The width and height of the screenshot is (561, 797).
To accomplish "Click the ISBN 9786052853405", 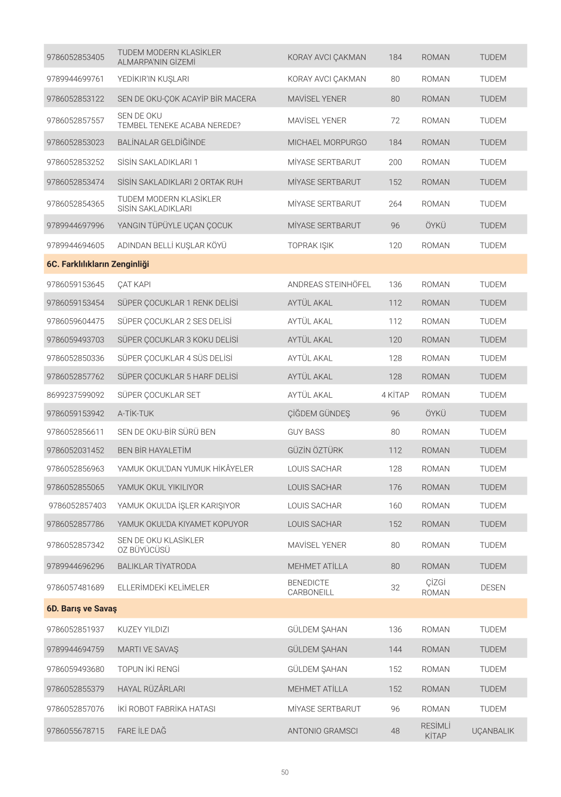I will [75, 57].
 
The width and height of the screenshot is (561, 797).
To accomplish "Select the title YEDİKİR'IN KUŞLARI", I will [153, 79].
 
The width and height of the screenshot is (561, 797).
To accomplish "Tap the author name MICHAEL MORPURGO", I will [327, 143].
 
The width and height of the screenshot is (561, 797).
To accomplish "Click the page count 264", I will [395, 204].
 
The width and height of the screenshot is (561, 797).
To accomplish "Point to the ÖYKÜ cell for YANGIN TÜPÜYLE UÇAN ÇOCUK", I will [435, 226].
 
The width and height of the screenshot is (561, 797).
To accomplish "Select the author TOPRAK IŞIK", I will [310, 246].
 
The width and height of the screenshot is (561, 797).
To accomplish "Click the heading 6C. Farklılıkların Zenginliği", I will [98, 264].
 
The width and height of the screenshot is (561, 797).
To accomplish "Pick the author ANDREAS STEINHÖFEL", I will [329, 285].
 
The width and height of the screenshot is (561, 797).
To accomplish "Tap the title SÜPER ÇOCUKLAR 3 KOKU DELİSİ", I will [177, 340].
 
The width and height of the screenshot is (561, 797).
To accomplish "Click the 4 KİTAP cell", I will [395, 395].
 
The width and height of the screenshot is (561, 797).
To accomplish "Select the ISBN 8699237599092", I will [75, 395].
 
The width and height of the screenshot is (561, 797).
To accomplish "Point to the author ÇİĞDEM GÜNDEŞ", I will [318, 414].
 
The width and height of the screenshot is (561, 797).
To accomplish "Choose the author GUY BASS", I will [306, 432].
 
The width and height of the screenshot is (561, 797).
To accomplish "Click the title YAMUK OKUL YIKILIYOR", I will [160, 487].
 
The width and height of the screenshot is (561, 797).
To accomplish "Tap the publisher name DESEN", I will [493, 588].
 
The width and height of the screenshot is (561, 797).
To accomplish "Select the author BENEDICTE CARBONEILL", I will [310, 588].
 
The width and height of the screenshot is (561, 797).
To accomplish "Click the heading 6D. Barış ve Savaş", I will [81, 609].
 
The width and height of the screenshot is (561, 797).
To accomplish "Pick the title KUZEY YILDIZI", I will [143, 630].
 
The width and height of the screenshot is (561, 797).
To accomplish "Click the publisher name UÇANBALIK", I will [493, 731].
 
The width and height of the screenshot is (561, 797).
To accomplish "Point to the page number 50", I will [284, 772].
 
